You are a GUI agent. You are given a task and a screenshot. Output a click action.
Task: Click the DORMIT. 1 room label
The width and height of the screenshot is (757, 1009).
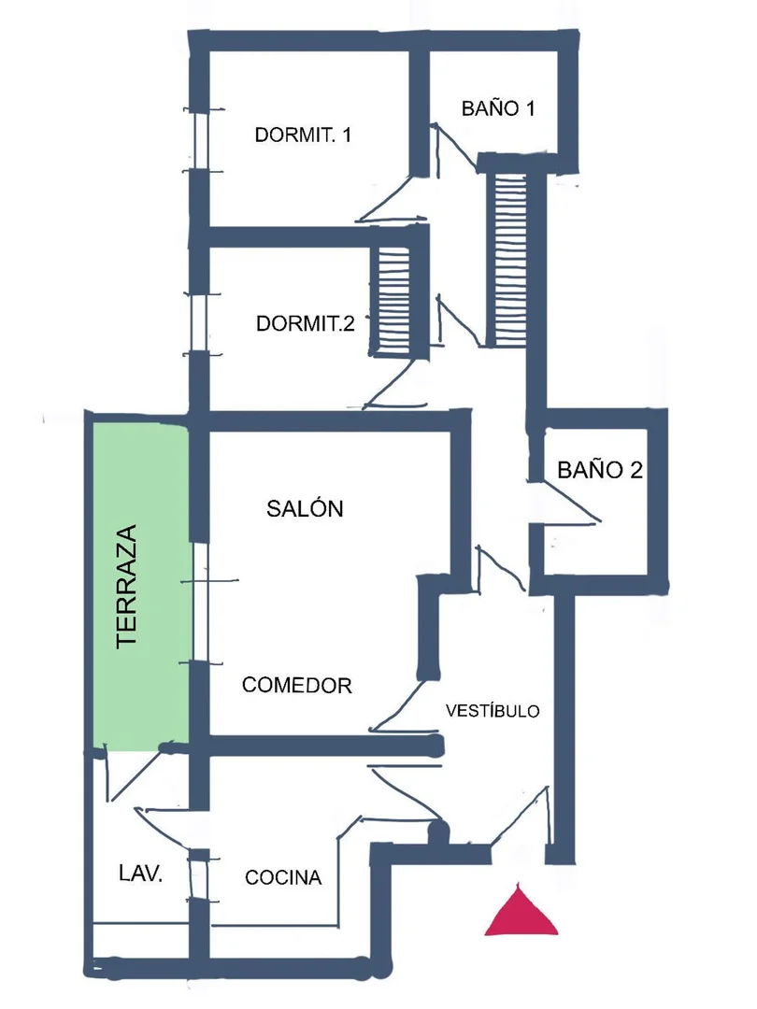303,135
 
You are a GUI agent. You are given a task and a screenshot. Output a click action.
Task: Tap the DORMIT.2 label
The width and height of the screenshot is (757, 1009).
305,323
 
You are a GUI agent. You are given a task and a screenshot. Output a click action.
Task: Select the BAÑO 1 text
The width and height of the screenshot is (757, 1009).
498,108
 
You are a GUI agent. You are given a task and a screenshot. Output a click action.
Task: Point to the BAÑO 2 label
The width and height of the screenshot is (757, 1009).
600,470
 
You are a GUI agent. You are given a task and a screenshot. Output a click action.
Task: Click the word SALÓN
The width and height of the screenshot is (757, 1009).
305,508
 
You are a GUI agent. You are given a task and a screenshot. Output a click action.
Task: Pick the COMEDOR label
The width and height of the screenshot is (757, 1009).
297,686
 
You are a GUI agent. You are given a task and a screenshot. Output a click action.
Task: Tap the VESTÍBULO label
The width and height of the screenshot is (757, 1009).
493,710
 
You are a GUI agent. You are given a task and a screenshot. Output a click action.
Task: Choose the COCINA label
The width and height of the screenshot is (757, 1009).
283,877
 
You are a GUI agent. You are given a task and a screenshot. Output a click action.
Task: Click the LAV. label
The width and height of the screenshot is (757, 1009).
140,874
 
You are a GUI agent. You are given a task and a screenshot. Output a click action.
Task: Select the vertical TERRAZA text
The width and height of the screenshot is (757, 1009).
126,586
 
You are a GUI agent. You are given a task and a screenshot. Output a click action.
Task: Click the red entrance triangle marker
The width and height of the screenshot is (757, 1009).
521,910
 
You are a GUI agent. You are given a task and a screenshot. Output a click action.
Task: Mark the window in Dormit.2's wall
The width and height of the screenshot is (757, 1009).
200,323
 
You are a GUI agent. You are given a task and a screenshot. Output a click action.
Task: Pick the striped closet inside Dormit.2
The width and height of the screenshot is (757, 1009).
394,301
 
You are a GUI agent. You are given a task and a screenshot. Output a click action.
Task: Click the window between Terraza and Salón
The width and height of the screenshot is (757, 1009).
202,603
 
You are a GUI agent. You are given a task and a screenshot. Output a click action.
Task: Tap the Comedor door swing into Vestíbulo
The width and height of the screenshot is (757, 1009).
398,708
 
